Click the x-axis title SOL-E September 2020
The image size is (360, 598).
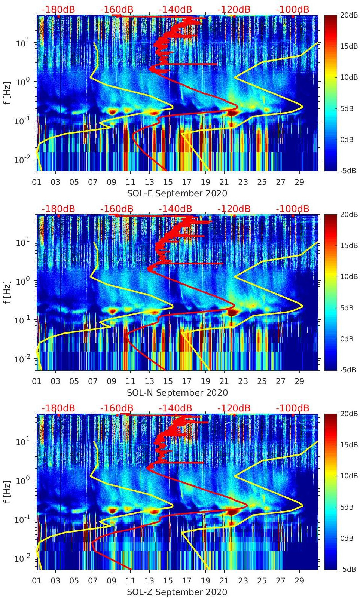click(177, 193)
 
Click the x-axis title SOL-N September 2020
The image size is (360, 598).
click(177, 393)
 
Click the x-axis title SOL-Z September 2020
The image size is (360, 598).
click(177, 592)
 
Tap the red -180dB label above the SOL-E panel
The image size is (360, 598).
click(58, 9)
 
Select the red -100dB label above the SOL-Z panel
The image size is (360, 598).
click(292, 408)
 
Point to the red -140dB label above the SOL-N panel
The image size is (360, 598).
click(175, 209)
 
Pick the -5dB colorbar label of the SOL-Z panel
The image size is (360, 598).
click(348, 569)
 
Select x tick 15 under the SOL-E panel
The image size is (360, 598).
click(168, 182)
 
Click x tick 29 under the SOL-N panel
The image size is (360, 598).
click(299, 381)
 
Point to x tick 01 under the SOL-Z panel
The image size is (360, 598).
click(37, 581)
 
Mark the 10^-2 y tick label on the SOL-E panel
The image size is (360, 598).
click(22, 160)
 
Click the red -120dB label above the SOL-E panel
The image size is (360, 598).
click(234, 9)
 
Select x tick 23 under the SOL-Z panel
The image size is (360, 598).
click(243, 581)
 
